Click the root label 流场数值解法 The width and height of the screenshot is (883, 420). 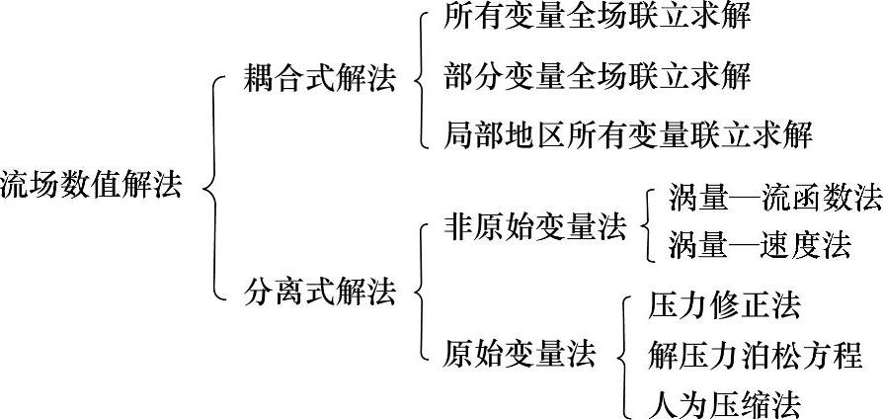(91, 185)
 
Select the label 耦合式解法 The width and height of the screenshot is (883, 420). (319, 80)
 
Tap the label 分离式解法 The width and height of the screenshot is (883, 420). (319, 293)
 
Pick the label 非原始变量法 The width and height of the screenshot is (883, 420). (535, 229)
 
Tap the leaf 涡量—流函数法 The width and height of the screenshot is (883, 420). (774, 198)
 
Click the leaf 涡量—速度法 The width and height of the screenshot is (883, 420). (759, 243)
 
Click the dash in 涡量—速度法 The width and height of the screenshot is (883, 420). (742, 243)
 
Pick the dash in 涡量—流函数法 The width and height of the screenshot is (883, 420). (742, 198)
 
